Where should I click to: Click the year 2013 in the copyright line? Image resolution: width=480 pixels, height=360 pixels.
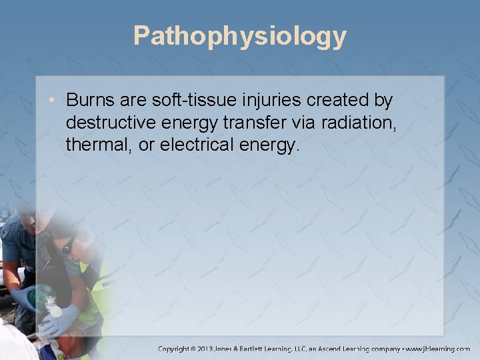[223, 349]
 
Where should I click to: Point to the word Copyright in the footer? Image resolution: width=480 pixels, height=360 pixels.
[179, 349]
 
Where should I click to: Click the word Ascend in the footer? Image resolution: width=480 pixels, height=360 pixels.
[357, 349]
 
